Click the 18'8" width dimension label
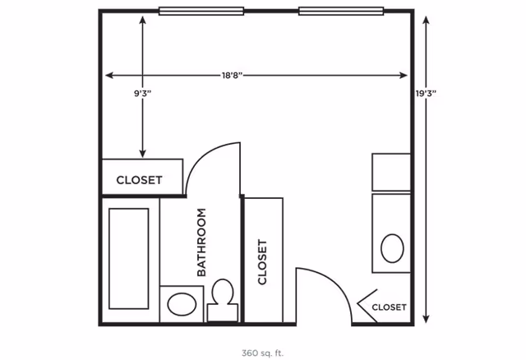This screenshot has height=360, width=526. coord(232,75)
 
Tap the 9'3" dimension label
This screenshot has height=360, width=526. coord(142,93)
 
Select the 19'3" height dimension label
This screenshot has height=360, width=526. coord(426,93)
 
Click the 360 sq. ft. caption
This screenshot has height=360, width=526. coord(262,353)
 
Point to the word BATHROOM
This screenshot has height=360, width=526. coord(201,242)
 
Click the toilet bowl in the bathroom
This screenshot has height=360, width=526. coord(223,291)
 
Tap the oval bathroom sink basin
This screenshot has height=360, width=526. coord(182,304)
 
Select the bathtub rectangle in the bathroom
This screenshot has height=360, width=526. coord(129,259)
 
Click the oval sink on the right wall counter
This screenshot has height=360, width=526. coord(392,248)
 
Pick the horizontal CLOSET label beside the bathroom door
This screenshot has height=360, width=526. coord(139,180)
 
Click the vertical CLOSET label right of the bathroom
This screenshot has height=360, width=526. coord(262,261)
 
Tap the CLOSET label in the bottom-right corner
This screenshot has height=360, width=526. coord(389,307)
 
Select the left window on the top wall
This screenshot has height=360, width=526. coord(201,11)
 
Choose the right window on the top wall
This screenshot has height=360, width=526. coord(341,11)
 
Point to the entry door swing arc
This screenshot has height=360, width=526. coord(336,283)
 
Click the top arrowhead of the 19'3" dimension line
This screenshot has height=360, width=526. coord(426,20)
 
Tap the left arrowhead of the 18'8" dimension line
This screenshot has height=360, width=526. coord(109,75)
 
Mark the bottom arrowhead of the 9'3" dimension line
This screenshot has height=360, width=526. coord(142,154)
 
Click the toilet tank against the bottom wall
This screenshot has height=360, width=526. coord(223,312)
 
